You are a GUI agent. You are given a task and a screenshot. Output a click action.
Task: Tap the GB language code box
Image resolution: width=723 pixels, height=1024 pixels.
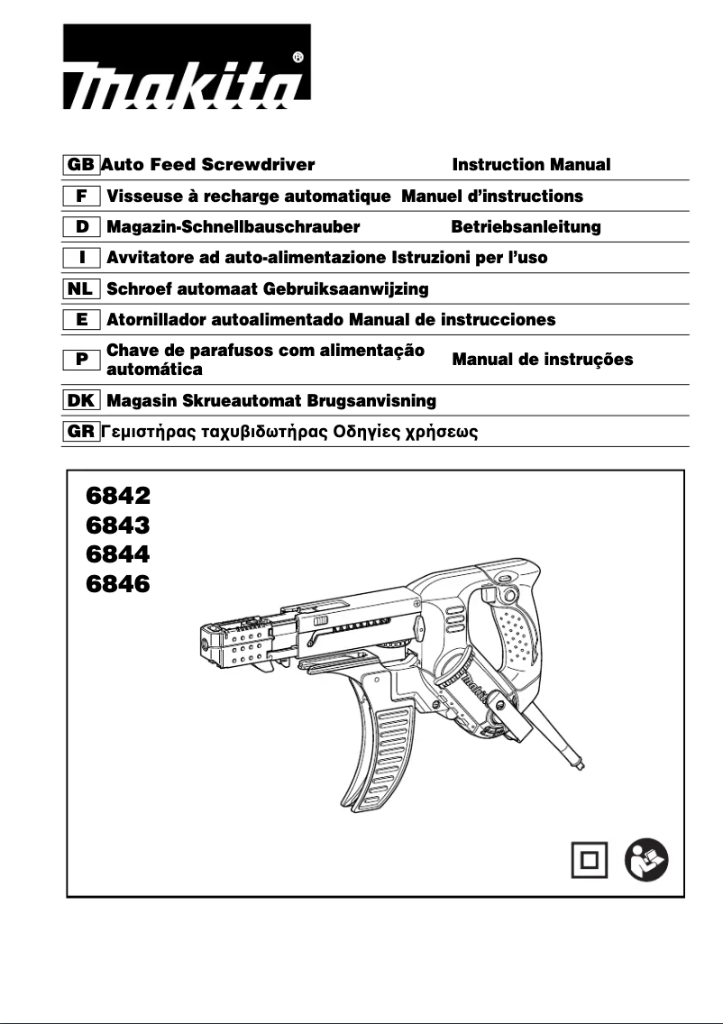[81, 165]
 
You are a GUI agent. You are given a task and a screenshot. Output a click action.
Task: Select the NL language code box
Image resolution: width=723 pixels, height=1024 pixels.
[81, 288]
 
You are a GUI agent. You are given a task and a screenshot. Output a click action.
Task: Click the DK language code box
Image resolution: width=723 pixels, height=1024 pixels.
[81, 399]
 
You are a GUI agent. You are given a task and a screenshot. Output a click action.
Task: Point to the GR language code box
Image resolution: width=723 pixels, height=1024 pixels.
[81, 431]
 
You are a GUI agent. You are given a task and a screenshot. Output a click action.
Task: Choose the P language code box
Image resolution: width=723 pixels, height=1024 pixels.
[81, 360]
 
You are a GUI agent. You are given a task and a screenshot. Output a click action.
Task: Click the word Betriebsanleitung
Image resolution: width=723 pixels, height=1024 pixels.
[526, 226]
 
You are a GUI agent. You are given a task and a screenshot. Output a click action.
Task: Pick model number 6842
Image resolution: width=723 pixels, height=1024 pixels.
[118, 495]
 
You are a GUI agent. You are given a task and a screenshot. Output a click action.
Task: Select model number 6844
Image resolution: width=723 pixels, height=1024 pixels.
[118, 553]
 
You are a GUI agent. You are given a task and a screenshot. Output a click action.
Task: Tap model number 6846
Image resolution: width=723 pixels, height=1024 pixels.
[118, 583]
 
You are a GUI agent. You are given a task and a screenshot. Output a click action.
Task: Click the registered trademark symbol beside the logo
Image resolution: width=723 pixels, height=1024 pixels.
[298, 57]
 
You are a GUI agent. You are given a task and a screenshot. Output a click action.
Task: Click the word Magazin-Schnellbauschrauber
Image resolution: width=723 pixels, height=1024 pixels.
[233, 226]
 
